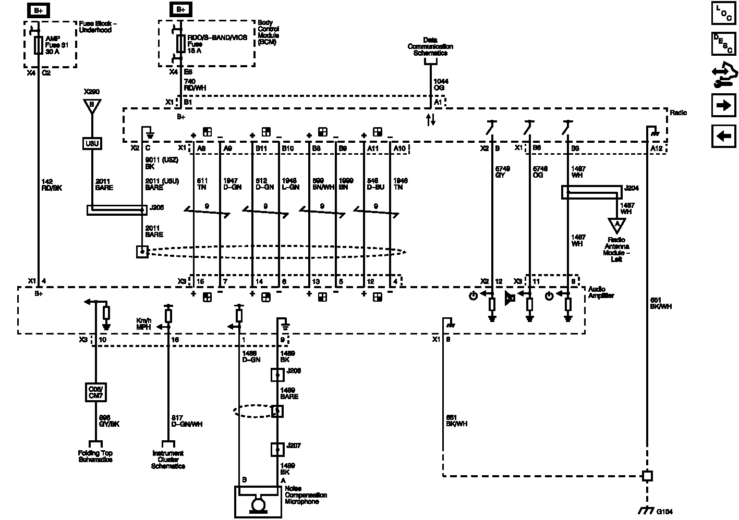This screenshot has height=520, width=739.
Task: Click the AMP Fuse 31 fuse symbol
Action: [38, 45]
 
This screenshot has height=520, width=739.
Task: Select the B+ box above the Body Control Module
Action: [180, 9]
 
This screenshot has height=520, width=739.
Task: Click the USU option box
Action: [92, 143]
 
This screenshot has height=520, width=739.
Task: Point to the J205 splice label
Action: [156, 207]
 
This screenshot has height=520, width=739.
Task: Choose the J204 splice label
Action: [632, 188]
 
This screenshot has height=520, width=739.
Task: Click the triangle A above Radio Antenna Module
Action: [617, 225]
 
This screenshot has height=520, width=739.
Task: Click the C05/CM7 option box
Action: [96, 392]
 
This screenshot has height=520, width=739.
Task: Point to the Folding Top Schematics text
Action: [95, 456]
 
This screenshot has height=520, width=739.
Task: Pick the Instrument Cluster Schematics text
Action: [168, 460]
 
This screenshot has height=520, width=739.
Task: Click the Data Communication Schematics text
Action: [430, 46]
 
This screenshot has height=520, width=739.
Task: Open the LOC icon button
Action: [723, 14]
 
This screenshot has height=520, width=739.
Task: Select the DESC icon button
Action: [723, 44]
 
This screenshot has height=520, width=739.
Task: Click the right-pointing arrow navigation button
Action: [723, 106]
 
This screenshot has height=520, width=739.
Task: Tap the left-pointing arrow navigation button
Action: [723, 137]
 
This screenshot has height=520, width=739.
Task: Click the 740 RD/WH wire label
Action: [195, 84]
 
